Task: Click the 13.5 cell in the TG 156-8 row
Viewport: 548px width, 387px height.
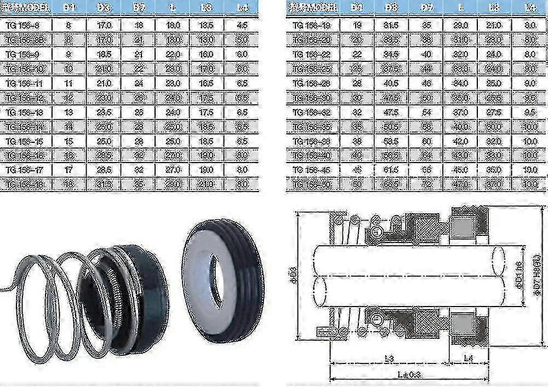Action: (206, 24)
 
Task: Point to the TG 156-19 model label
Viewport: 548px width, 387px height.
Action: (312, 24)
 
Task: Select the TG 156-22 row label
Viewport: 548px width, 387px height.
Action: (312, 54)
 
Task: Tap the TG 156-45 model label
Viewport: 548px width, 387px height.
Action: (312, 169)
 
